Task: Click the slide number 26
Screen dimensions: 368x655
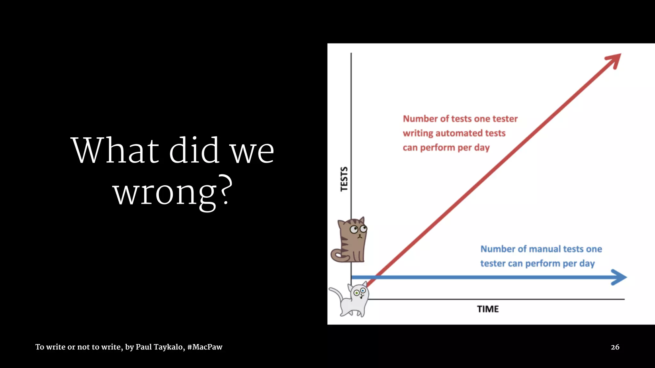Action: (x=615, y=347)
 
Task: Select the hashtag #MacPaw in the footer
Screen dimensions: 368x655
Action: (x=205, y=347)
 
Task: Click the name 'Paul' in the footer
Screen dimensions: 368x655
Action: (x=144, y=347)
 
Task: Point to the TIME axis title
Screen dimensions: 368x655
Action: (x=488, y=309)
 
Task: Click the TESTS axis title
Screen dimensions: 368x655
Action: (x=344, y=179)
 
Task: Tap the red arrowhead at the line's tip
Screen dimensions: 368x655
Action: (x=614, y=60)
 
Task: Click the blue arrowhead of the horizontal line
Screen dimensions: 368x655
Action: (x=619, y=277)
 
